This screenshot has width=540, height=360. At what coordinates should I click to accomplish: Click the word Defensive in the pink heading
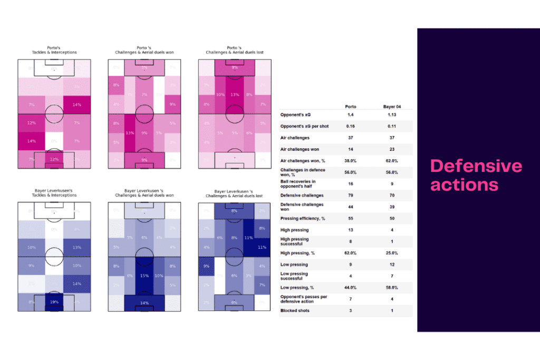[x=476, y=166]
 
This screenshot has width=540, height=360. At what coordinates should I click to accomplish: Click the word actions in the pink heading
[x=464, y=184]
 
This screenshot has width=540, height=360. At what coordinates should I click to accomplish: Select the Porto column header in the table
[x=351, y=106]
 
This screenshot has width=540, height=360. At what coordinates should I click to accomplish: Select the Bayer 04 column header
[x=391, y=106]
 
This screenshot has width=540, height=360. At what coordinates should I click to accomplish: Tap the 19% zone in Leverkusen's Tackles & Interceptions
[x=54, y=303]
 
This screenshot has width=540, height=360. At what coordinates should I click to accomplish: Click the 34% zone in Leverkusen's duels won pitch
[x=144, y=303]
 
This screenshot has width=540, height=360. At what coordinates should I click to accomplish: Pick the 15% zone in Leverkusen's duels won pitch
[x=144, y=275]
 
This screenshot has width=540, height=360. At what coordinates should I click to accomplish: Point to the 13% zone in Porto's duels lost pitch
[x=235, y=94]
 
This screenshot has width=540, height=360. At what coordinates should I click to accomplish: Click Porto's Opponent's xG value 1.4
[x=351, y=114]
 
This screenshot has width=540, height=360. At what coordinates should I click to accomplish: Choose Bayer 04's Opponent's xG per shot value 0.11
[x=391, y=127]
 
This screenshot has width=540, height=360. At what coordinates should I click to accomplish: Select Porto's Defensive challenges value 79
[x=351, y=195]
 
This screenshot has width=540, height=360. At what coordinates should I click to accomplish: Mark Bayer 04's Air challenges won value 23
[x=391, y=149]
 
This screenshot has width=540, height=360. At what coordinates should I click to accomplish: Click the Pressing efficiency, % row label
[x=301, y=218]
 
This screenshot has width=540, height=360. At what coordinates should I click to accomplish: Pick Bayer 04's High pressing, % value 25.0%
[x=391, y=253]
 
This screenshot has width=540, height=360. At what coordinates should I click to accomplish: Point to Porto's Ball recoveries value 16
[x=351, y=183]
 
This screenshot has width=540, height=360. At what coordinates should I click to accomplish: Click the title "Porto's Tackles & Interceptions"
[x=54, y=50]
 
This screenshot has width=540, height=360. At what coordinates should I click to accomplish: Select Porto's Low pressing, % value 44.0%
[x=351, y=287]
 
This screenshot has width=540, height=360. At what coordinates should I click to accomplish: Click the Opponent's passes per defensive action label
[x=303, y=299]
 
